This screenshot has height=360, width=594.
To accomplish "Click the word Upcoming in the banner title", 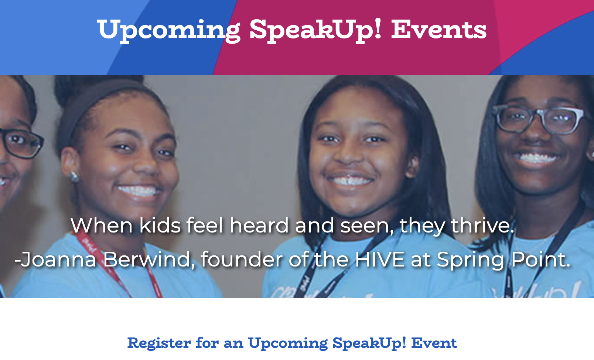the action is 169,31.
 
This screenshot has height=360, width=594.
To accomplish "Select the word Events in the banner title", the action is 439,30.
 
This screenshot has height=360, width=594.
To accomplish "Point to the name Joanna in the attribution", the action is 58,259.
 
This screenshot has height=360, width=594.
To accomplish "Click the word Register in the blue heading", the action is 159,343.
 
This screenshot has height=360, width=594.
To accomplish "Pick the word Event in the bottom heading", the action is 434,343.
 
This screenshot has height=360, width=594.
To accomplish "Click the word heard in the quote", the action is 259,225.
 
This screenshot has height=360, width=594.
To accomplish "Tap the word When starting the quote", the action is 101,225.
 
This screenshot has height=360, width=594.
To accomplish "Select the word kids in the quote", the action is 160,225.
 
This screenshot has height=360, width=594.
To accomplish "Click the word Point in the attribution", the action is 541,259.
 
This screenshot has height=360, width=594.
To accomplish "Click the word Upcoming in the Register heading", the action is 288,343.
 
